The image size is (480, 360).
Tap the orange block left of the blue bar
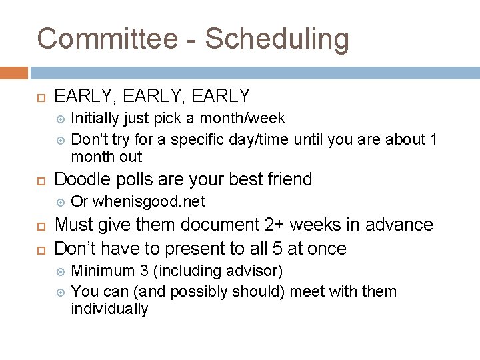click(14, 73)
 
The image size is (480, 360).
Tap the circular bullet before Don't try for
click(61, 140)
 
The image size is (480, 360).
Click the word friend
click(286, 179)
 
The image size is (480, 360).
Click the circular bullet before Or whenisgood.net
click(61, 201)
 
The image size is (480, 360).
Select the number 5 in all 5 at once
click(285, 249)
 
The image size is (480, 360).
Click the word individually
click(109, 309)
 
